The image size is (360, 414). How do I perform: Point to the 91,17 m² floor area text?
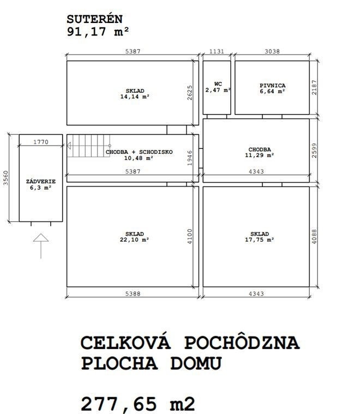[x=98, y=31]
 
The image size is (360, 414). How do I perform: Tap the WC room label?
[x=218, y=87]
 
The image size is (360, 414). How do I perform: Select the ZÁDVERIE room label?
[x=40, y=184]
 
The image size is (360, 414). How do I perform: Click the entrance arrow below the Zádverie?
[x=41, y=245]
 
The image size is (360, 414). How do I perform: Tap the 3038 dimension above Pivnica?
[x=272, y=51]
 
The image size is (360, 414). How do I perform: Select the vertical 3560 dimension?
[x=6, y=178]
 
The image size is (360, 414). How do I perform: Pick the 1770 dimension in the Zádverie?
[x=41, y=142]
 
